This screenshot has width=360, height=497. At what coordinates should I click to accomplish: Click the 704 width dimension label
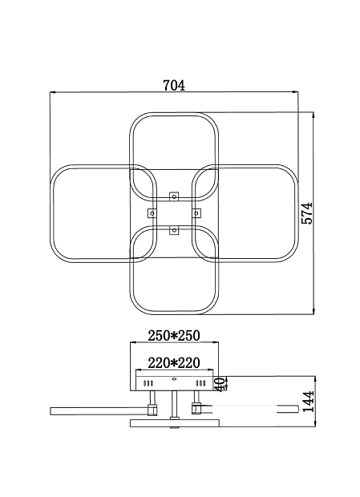174,85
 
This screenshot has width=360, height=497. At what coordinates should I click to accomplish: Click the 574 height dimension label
306,213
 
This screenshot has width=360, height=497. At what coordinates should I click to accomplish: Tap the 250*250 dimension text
174,336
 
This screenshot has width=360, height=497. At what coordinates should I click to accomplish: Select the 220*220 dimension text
174,363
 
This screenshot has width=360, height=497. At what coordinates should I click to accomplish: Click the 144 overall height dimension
308,402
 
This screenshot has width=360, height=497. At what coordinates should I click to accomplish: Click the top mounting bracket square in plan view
174,196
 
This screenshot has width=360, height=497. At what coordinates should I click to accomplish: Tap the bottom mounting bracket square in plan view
174,230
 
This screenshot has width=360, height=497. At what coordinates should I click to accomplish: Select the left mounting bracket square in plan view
152,213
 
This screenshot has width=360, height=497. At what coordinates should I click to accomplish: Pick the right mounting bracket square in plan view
196,213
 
